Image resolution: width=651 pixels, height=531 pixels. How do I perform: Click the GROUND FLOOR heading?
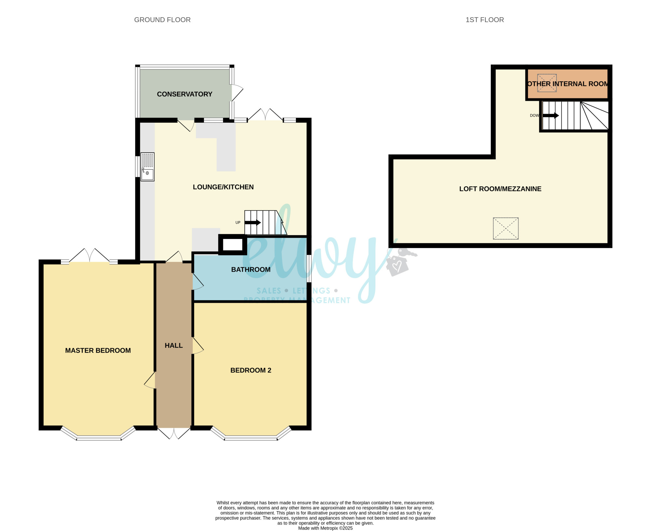point(162,20)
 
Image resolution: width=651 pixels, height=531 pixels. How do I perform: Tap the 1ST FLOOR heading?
point(485,20)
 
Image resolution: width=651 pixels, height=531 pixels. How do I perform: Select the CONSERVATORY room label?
point(185,94)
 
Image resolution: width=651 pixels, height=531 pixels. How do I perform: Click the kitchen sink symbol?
point(147,167)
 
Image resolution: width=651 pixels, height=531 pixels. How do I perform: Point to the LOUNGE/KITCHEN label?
point(223,187)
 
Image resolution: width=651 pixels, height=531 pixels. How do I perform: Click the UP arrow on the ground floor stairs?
point(253,223)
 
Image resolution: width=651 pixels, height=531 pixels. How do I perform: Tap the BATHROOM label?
point(251,270)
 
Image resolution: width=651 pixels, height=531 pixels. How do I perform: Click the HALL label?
point(174,345)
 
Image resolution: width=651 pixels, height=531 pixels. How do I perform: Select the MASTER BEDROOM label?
point(98,350)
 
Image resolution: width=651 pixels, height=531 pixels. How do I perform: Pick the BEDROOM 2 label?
point(251,370)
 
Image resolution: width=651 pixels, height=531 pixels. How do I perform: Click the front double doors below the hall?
point(174,433)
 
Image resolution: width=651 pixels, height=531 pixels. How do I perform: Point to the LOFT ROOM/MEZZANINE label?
point(500,189)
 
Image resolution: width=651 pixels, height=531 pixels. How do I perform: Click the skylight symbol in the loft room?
point(506,229)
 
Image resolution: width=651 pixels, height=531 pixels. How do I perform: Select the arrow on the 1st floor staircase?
point(551,116)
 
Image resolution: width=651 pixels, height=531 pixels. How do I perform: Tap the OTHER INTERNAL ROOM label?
point(568,84)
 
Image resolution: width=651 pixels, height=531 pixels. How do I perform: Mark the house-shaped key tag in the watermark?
point(397,266)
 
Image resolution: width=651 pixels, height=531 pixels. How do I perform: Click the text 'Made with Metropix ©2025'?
point(325,528)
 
